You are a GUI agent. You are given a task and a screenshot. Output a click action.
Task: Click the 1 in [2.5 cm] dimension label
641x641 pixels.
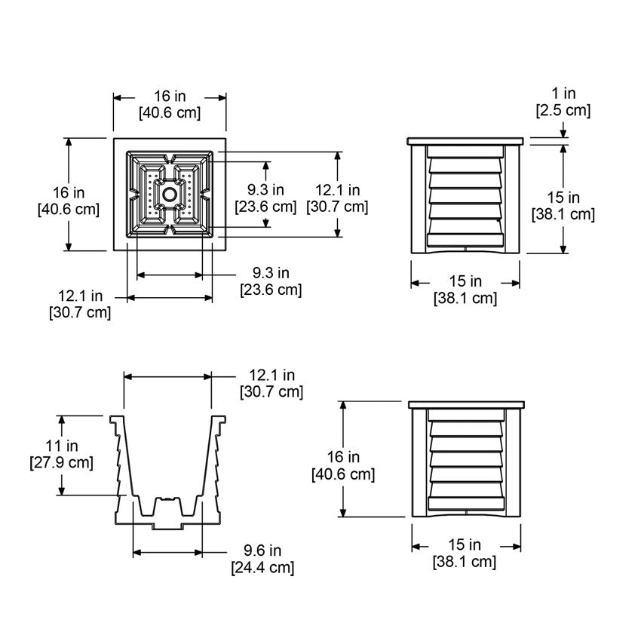point(563,103)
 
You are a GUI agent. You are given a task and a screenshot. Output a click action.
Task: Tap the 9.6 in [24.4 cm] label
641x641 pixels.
point(262,559)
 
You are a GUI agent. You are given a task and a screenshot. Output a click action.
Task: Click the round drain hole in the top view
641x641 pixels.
point(170,195)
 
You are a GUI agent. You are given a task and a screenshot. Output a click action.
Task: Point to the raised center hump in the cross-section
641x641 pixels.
point(168,505)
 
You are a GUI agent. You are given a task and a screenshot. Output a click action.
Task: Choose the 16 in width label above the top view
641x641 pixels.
point(170,105)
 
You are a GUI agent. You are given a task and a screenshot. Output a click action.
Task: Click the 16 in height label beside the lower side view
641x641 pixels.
point(343,465)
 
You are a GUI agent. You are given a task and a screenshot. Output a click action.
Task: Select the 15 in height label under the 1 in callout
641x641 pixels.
point(563,206)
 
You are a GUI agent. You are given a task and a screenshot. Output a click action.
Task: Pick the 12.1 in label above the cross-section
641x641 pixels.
point(271,383)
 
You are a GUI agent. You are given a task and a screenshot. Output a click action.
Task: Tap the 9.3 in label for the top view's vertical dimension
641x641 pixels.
point(265,198)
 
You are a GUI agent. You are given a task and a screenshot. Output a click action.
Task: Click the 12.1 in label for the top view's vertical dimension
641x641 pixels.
point(337,198)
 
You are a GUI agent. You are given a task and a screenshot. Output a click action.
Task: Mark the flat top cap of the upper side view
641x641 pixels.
point(465,141)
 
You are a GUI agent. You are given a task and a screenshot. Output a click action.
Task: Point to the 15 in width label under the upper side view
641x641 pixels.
point(465,290)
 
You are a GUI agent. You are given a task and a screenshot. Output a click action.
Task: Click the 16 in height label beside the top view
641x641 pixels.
point(68,201)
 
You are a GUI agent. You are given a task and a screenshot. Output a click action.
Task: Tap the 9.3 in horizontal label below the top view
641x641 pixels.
point(271,281)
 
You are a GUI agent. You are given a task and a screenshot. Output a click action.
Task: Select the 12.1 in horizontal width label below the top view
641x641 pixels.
point(80,304)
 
